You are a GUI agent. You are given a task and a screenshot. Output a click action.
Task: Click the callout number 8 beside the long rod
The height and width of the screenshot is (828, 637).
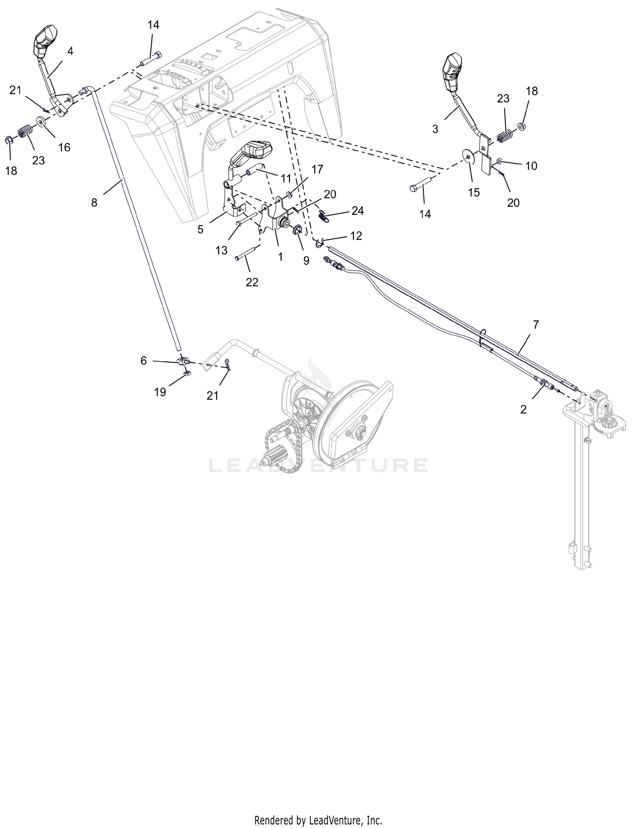click(x=94, y=203)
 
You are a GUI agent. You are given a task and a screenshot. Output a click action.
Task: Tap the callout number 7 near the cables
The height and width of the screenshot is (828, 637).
click(x=536, y=325)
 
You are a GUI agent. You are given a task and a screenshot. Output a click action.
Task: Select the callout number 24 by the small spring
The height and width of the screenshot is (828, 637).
click(x=358, y=211)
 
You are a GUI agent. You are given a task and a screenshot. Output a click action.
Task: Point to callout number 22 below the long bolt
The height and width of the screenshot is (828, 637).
click(x=252, y=282)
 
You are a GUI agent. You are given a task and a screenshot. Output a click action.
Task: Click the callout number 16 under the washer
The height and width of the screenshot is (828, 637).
click(x=64, y=147)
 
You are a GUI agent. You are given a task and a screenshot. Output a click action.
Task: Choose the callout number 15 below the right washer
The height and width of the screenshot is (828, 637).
click(x=474, y=192)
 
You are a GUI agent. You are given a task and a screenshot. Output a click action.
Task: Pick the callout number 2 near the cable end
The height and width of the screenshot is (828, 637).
click(x=523, y=409)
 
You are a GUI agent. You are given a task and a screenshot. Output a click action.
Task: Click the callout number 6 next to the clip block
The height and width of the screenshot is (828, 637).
click(x=144, y=361)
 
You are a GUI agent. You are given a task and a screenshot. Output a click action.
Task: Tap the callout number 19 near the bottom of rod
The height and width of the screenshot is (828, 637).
click(x=160, y=392)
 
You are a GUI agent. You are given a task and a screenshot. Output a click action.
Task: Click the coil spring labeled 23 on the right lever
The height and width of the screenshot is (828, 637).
click(x=505, y=137)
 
